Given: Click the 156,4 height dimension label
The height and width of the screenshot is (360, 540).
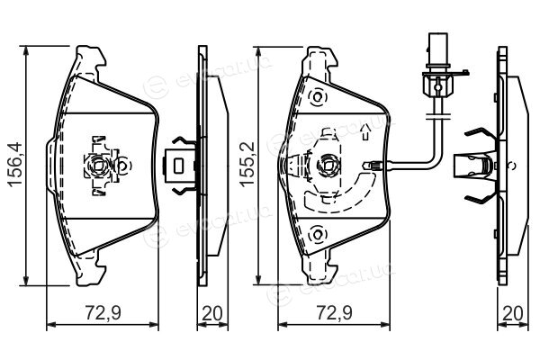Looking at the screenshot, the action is click(16, 165).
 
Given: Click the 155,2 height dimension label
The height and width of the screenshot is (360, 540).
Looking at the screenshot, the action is click(247, 165).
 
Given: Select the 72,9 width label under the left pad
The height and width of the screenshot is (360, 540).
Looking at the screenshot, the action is click(103, 313).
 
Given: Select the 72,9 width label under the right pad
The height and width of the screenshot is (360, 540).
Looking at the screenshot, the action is click(335, 313).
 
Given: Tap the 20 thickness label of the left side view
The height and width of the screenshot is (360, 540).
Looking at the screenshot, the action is click(212, 313).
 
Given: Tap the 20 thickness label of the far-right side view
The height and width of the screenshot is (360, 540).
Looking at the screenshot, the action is click(513, 313).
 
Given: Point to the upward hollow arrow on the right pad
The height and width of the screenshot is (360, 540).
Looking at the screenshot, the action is click(365, 132).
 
